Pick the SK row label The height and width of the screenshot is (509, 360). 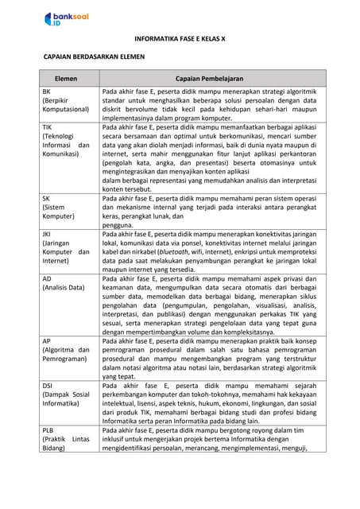point(46,198)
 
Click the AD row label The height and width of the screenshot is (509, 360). point(47,280)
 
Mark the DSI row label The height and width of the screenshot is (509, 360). point(48,385)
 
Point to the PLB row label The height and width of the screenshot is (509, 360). point(48,429)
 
